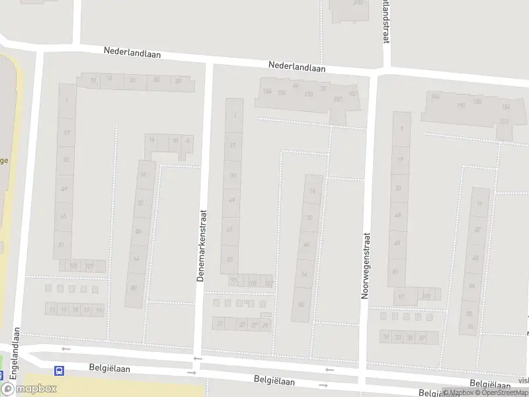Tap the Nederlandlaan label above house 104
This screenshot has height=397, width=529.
[x=297, y=66]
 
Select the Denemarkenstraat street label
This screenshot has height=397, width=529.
[x=202, y=245]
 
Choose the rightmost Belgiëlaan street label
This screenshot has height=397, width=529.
[x=490, y=384]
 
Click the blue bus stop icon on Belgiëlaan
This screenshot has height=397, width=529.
[x=60, y=371]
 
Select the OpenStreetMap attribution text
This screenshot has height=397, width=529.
[x=502, y=393]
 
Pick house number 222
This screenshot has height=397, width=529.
[x=505, y=121]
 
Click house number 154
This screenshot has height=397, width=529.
[x=506, y=107]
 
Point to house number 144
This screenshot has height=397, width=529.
[x=435, y=97]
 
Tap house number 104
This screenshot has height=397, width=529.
[x=267, y=91]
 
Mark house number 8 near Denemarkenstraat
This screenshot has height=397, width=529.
[x=188, y=140]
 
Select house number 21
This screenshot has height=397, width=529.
[x=220, y=324]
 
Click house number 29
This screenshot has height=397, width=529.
[x=266, y=325]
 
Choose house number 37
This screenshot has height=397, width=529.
[x=421, y=337]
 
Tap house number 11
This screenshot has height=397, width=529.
[x=52, y=310]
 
